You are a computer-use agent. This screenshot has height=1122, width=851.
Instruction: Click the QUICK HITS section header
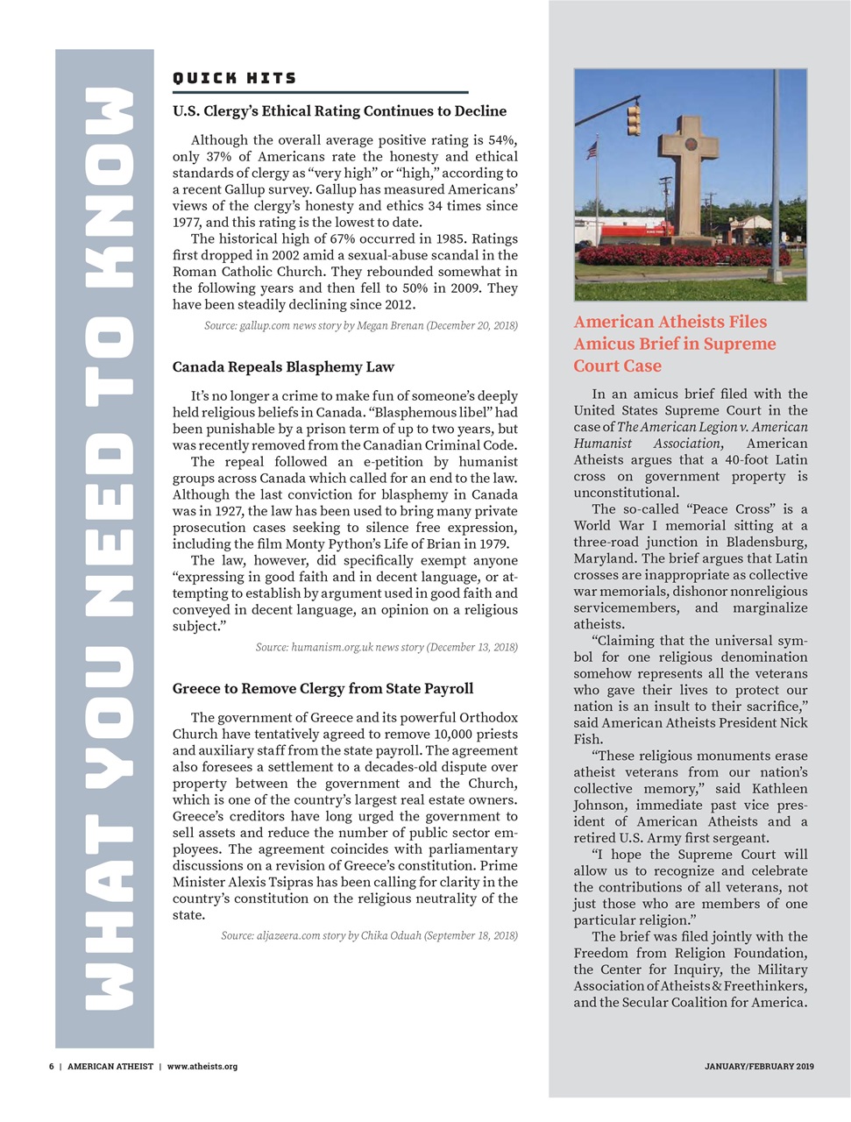(234, 78)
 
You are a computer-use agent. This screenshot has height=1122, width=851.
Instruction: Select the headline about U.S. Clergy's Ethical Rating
(339, 111)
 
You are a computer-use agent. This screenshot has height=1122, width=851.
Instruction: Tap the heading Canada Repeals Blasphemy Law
(283, 366)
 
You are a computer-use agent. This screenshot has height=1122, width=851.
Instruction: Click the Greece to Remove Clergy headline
(323, 688)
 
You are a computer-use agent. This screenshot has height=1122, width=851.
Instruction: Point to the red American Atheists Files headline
(674, 344)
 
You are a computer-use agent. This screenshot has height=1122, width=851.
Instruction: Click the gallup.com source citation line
(360, 325)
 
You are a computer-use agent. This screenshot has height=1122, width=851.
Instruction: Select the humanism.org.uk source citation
(386, 647)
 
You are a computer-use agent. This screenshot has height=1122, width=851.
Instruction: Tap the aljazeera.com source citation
(369, 935)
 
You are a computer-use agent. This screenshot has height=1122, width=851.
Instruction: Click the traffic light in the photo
(633, 118)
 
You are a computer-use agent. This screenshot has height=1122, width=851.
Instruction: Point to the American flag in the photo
(591, 150)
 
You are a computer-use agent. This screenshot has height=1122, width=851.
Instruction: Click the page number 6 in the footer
(51, 1067)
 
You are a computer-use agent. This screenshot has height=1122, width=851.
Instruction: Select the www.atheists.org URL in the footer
(202, 1067)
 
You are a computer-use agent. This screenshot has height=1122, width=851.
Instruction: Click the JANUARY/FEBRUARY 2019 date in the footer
(759, 1067)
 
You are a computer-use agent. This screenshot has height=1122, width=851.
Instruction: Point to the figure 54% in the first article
(502, 140)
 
